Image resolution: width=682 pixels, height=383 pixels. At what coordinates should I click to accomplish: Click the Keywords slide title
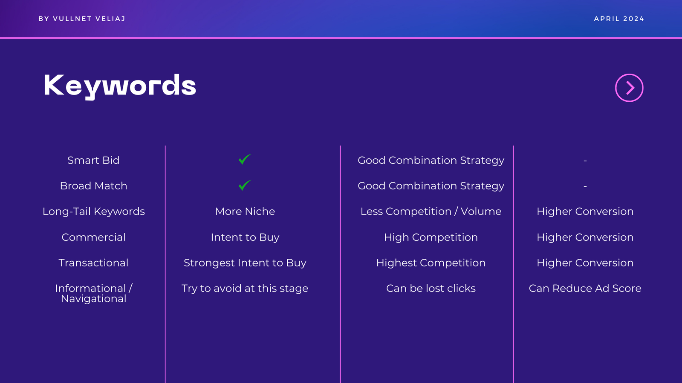120,86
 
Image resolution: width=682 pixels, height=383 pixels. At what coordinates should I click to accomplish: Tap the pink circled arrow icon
629,88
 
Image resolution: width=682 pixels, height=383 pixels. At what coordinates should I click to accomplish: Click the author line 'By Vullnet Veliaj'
82,19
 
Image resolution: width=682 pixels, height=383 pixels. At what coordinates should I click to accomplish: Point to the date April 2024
619,19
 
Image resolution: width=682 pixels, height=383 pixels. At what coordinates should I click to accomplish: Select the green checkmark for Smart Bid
245,159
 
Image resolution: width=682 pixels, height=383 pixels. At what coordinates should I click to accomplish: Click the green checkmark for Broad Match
245,185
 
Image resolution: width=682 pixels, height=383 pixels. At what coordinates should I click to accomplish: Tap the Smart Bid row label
93,160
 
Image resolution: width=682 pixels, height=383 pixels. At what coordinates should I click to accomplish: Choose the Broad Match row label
93,186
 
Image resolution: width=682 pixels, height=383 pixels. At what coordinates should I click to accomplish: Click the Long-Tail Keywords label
93,212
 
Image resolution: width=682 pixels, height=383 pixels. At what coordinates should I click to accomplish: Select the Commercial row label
93,237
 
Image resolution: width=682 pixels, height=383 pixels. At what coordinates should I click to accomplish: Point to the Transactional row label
93,263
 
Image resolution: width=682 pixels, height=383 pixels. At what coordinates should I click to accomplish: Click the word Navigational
93,299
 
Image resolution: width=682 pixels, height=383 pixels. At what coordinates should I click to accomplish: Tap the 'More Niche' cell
245,211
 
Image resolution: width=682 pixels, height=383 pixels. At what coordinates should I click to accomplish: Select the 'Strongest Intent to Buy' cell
245,263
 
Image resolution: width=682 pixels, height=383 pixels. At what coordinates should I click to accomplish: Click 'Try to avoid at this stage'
245,289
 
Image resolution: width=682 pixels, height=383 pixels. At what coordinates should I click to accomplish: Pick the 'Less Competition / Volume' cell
431,212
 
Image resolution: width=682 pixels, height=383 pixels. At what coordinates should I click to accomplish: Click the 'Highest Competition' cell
431,263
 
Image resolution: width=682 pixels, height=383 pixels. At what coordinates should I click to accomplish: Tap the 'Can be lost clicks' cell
431,288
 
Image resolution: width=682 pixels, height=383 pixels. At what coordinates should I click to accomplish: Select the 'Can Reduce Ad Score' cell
585,288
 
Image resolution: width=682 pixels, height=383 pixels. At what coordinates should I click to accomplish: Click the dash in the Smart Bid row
585,160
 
